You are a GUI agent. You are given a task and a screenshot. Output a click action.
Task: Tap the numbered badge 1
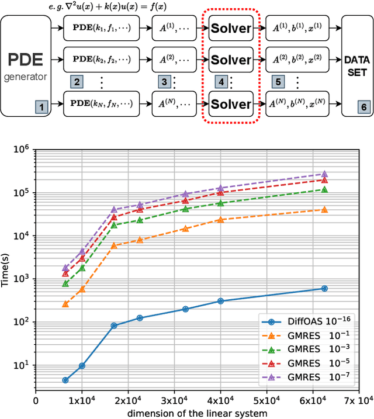pyautogui.click(x=41, y=107)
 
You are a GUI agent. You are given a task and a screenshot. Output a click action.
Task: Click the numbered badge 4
pyautogui.click(x=221, y=81)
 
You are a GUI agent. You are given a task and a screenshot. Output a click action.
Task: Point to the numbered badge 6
pyautogui.click(x=363, y=107)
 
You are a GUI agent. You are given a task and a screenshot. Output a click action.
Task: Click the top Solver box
pyautogui.click(x=230, y=28)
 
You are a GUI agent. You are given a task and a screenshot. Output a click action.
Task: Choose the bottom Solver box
pyautogui.click(x=230, y=105)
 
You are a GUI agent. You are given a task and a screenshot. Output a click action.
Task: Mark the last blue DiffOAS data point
pyautogui.click(x=325, y=289)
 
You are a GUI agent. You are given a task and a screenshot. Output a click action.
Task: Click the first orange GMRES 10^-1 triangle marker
pyautogui.click(x=65, y=304)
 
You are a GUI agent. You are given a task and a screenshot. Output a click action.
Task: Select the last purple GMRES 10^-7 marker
pyautogui.click(x=325, y=174)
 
